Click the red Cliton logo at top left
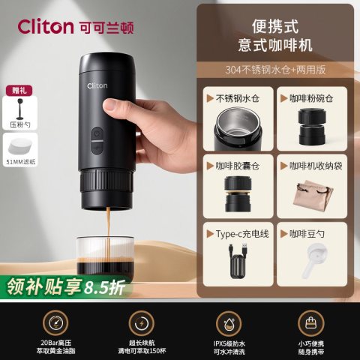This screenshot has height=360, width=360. tap(46, 26)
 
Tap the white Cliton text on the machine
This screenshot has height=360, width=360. tap(97, 85)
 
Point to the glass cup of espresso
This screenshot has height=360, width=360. tap(105, 256)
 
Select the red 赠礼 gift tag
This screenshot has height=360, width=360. tap(19, 91)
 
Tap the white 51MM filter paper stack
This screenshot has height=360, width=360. tap(19, 147)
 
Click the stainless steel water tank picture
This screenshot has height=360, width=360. tap(238, 128)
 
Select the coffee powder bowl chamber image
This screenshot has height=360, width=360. tap(312, 127)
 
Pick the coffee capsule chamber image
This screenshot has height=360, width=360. tap(238, 194)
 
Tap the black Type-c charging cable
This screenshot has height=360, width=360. tap(238, 261)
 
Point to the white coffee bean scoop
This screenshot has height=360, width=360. tap(313, 261)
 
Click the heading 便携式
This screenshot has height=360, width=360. tap(275, 26)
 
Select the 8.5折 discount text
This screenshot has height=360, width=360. tap(104, 288)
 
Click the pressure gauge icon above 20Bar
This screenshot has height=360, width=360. tap(55, 323)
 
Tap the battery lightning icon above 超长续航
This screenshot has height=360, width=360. tap(141, 323)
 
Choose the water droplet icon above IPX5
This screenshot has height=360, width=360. tap(229, 323)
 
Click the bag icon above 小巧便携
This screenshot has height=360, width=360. tap(311, 323)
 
